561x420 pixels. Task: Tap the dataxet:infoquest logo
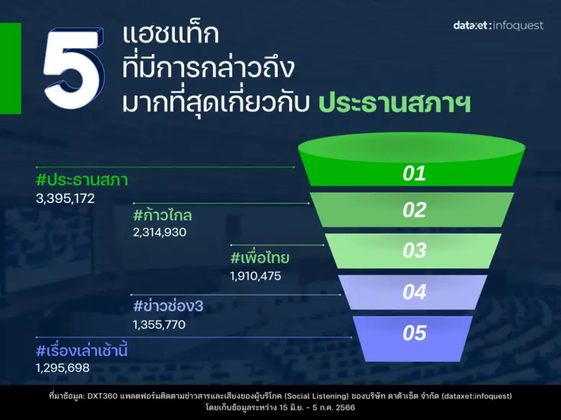click(498, 26)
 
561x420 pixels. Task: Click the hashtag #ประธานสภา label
click(81, 179)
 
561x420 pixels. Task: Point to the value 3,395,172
click(65, 197)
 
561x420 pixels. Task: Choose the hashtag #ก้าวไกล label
click(163, 215)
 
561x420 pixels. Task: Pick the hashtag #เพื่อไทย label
click(260, 258)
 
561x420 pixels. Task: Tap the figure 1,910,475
click(255, 276)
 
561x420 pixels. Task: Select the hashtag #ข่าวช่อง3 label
click(168, 307)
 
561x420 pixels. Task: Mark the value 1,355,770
click(159, 325)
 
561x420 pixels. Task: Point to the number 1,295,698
click(63, 368)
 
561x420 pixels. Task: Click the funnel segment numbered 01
click(414, 173)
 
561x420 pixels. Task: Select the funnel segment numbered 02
click(414, 210)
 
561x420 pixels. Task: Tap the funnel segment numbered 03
click(414, 251)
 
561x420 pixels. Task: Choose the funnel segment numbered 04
click(414, 292)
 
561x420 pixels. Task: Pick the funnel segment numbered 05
click(414, 334)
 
